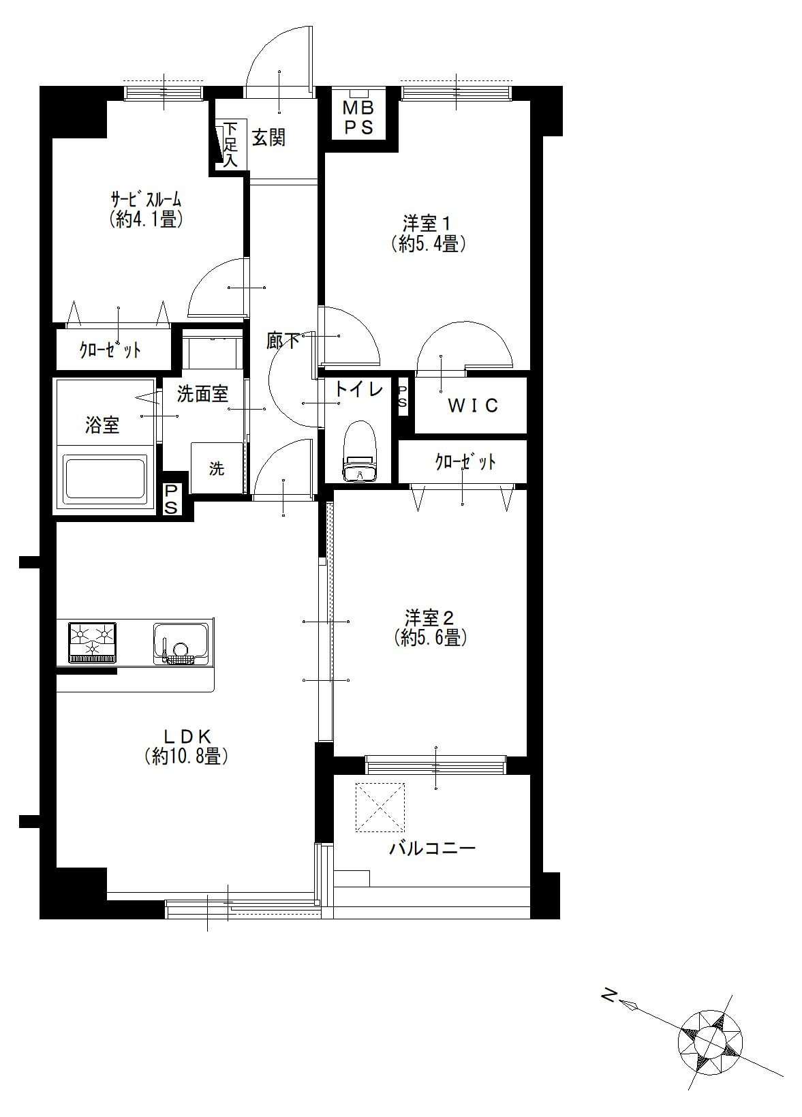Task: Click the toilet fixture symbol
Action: (360, 452)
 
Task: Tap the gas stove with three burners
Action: (93, 643)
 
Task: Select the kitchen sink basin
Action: (181, 643)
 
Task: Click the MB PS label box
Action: (359, 118)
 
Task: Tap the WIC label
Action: (472, 406)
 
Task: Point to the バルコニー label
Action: (432, 848)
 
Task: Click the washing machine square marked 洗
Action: (216, 468)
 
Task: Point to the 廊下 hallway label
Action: (283, 341)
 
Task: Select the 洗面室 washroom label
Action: (202, 394)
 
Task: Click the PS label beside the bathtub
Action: (171, 500)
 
